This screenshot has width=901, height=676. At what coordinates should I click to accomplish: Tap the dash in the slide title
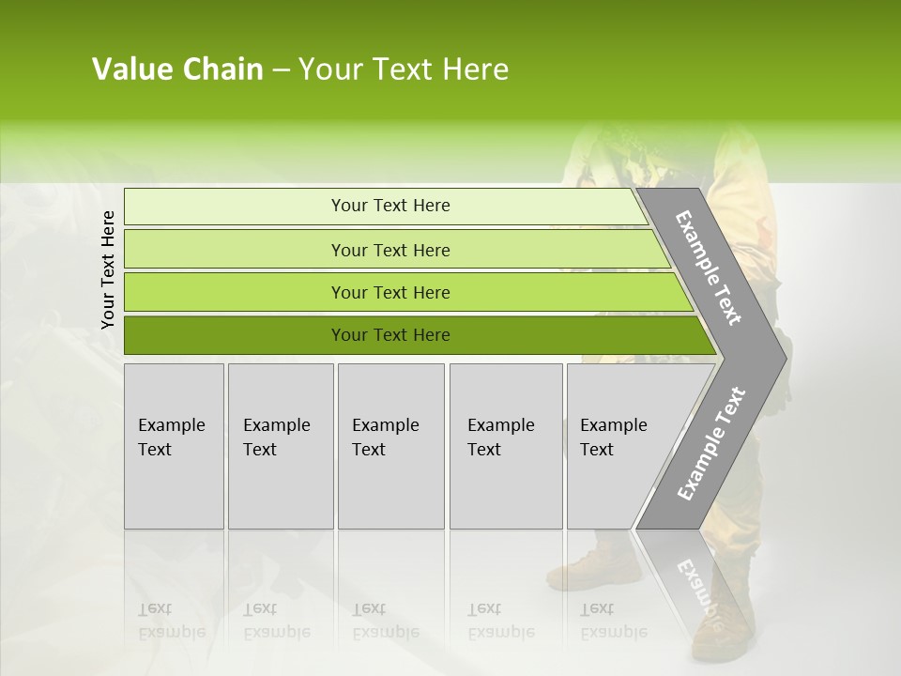281,70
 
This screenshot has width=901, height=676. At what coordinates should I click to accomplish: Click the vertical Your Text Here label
108,269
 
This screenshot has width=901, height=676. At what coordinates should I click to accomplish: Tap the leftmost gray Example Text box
174,446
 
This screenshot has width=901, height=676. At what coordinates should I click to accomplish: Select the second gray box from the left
281,446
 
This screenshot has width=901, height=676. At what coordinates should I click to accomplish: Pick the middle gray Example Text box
390,446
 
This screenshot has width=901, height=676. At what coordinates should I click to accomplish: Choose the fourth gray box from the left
506,446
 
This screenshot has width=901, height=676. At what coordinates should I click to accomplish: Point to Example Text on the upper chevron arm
709,269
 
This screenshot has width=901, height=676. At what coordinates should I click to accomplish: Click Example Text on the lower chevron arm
711,444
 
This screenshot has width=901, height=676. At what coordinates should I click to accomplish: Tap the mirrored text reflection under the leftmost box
172,620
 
